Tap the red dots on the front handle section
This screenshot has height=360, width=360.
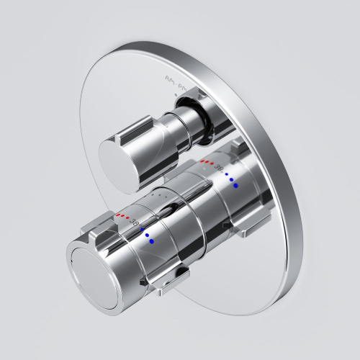[x=123, y=215]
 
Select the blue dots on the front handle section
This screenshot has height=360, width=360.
[x=146, y=235]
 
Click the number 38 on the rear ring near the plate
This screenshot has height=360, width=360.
[x=219, y=168]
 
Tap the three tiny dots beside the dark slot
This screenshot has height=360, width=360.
[x=162, y=195]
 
